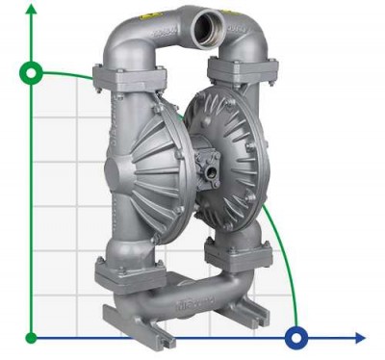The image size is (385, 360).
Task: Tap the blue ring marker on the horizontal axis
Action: [297, 337]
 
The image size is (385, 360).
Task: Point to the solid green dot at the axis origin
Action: [32, 337]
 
